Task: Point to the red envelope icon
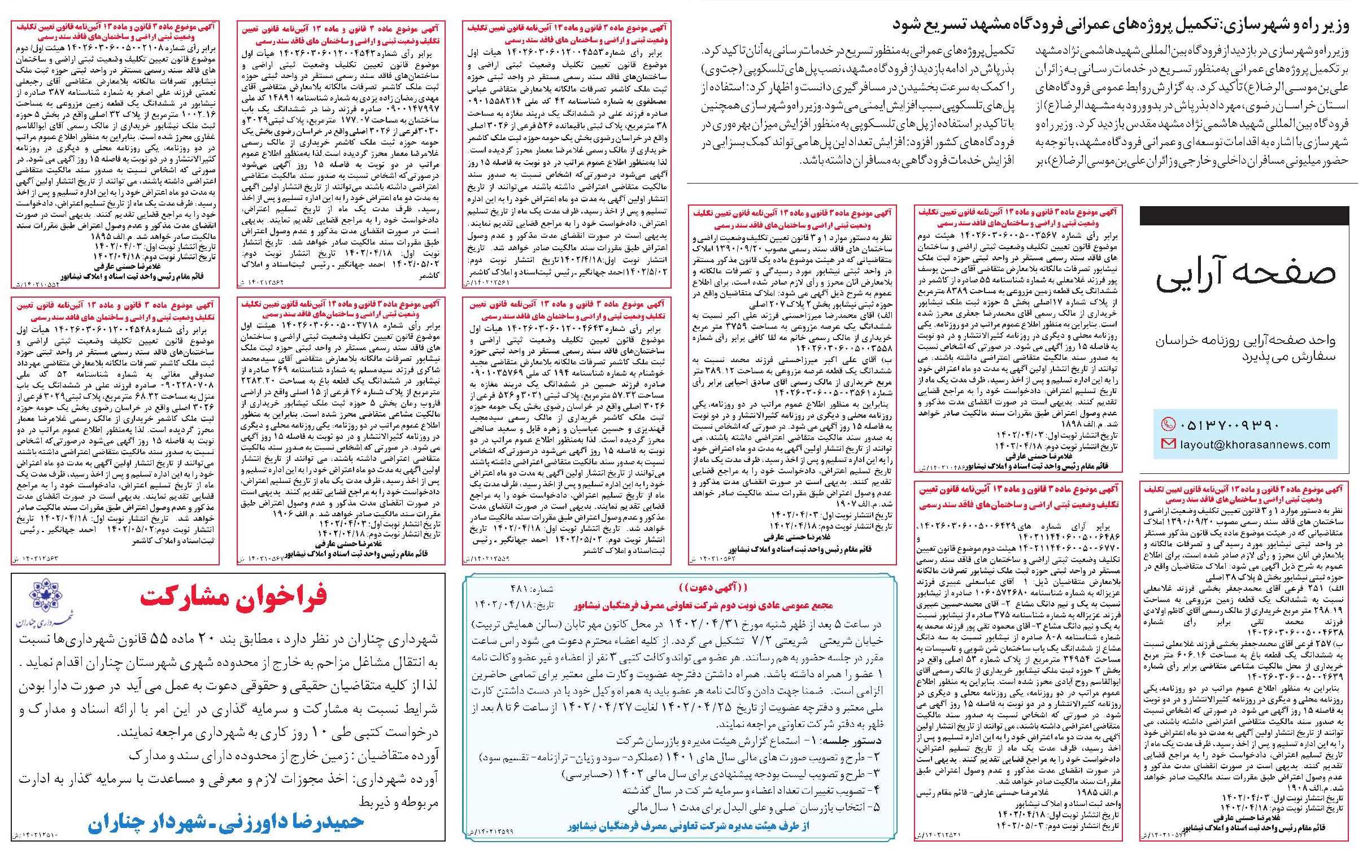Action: click(1164, 445)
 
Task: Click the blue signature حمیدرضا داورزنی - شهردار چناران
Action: click(225, 823)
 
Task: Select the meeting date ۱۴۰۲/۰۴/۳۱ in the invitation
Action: click(703, 625)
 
